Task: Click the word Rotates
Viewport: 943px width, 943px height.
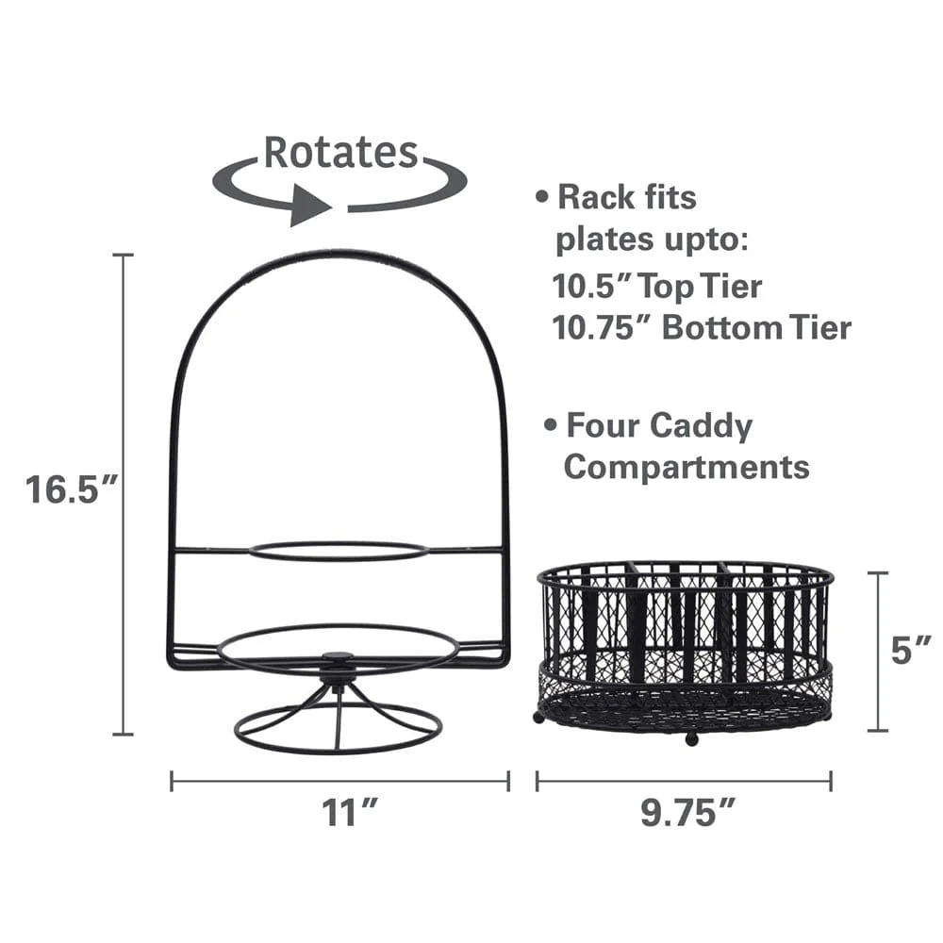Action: [x=339, y=152]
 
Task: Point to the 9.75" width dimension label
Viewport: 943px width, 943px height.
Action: [x=686, y=812]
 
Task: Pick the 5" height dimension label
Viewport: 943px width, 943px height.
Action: [x=911, y=651]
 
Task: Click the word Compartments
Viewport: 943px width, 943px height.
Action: [x=687, y=467]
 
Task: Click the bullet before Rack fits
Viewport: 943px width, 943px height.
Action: [x=542, y=198]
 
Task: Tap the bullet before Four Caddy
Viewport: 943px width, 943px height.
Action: [x=550, y=426]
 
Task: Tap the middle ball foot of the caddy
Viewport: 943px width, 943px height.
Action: [x=691, y=738]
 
